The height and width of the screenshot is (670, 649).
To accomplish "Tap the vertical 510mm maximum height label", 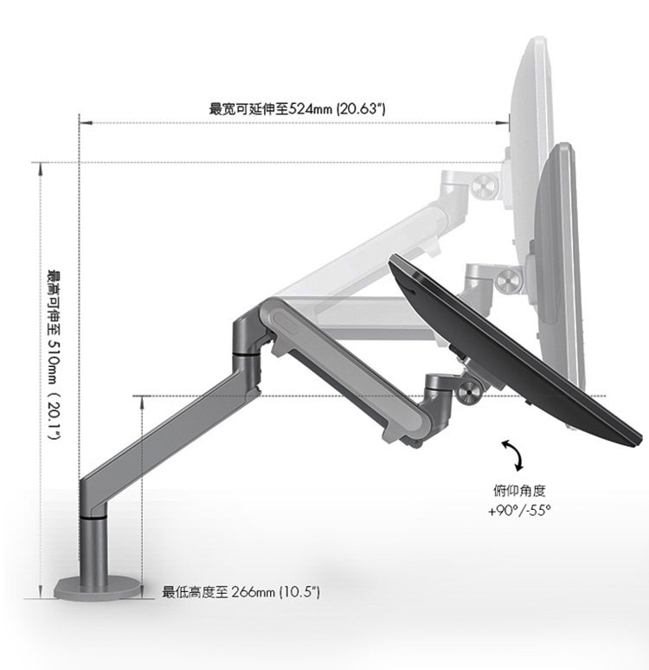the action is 54,354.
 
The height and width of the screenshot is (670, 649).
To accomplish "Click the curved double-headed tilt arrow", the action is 511,454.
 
